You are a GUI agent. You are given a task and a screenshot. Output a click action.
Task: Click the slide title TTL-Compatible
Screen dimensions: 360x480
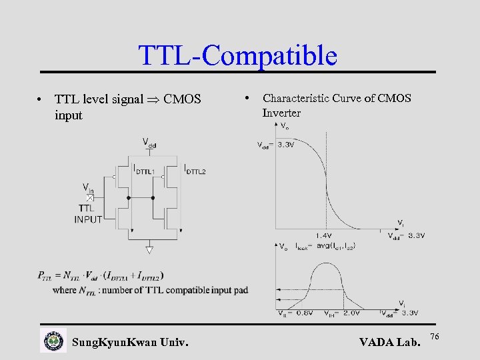coord(237,55)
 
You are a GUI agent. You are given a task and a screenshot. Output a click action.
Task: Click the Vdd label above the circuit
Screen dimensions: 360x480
coord(150,142)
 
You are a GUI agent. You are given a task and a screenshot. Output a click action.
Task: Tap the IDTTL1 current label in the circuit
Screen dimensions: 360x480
coord(145,169)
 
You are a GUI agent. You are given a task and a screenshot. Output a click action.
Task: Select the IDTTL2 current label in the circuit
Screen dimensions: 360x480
coord(195,169)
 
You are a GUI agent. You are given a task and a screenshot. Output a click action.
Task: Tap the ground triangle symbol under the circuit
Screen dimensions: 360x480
coord(150,251)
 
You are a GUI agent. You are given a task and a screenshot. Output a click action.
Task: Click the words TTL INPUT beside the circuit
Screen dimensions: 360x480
coord(89,214)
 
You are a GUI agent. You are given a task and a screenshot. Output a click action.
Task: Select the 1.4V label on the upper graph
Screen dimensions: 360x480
coord(324,235)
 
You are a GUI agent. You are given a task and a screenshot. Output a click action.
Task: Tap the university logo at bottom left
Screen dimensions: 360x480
coord(53,341)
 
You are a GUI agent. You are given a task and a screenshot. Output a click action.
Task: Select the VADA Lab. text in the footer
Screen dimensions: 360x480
coord(390,343)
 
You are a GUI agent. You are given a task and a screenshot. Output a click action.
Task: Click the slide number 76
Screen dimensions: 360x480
coord(435,337)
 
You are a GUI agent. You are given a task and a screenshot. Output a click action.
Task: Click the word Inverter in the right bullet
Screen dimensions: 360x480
coord(281,113)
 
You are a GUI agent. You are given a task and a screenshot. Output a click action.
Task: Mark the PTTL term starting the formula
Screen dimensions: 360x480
coord(47,275)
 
